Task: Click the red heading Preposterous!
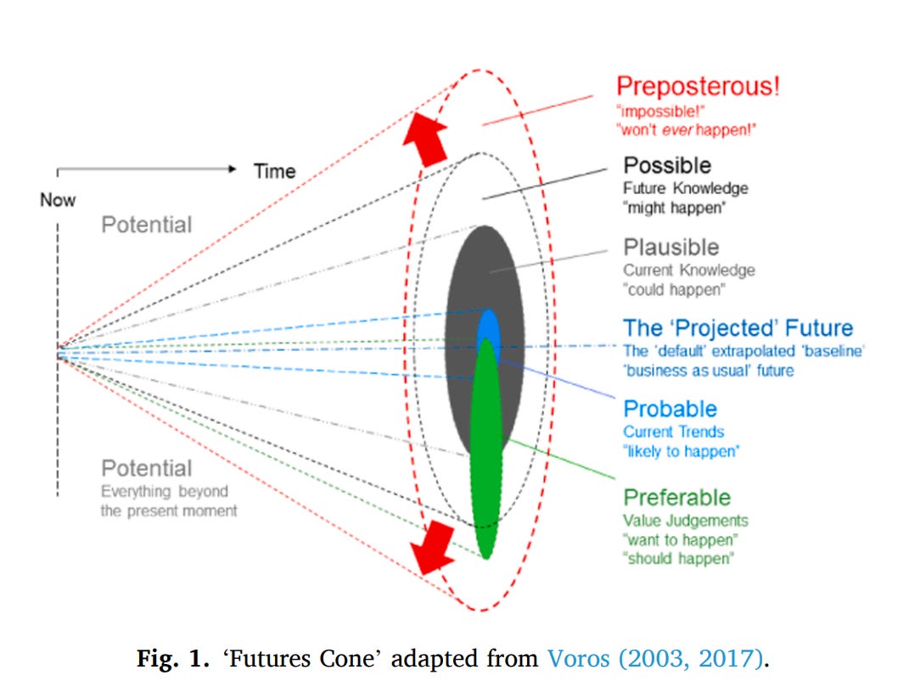(x=698, y=86)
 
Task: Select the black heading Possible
(x=667, y=165)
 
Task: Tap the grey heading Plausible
(x=670, y=248)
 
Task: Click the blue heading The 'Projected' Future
(x=738, y=328)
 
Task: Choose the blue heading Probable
(x=670, y=409)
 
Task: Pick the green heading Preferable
(x=676, y=497)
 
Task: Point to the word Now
(x=58, y=200)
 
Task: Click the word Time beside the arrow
(x=274, y=171)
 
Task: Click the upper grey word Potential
(x=147, y=225)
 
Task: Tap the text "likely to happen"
(x=680, y=451)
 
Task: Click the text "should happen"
(x=678, y=559)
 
